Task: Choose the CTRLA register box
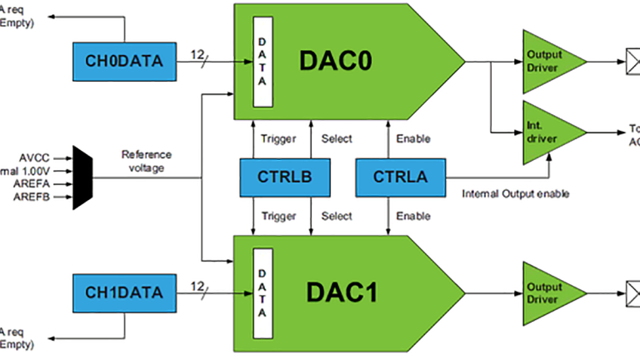[400, 176]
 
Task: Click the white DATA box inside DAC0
[264, 59]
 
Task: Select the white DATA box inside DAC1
[264, 293]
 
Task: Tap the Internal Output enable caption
[515, 194]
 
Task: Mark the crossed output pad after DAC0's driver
[631, 60]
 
